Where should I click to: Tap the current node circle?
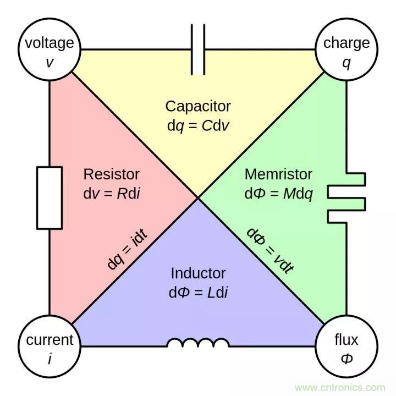[50, 346]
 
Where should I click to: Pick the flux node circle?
[346, 346]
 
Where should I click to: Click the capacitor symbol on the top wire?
[198, 50]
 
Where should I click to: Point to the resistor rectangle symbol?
[50, 198]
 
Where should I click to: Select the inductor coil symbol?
[198, 343]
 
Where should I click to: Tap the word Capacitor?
[198, 106]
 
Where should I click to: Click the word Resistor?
[111, 174]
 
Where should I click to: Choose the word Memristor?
[278, 174]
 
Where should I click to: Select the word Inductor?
[198, 273]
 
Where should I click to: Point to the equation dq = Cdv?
[198, 125]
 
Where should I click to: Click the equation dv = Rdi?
[111, 194]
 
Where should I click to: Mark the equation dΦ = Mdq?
[278, 194]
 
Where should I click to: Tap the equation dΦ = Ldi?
[198, 292]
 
